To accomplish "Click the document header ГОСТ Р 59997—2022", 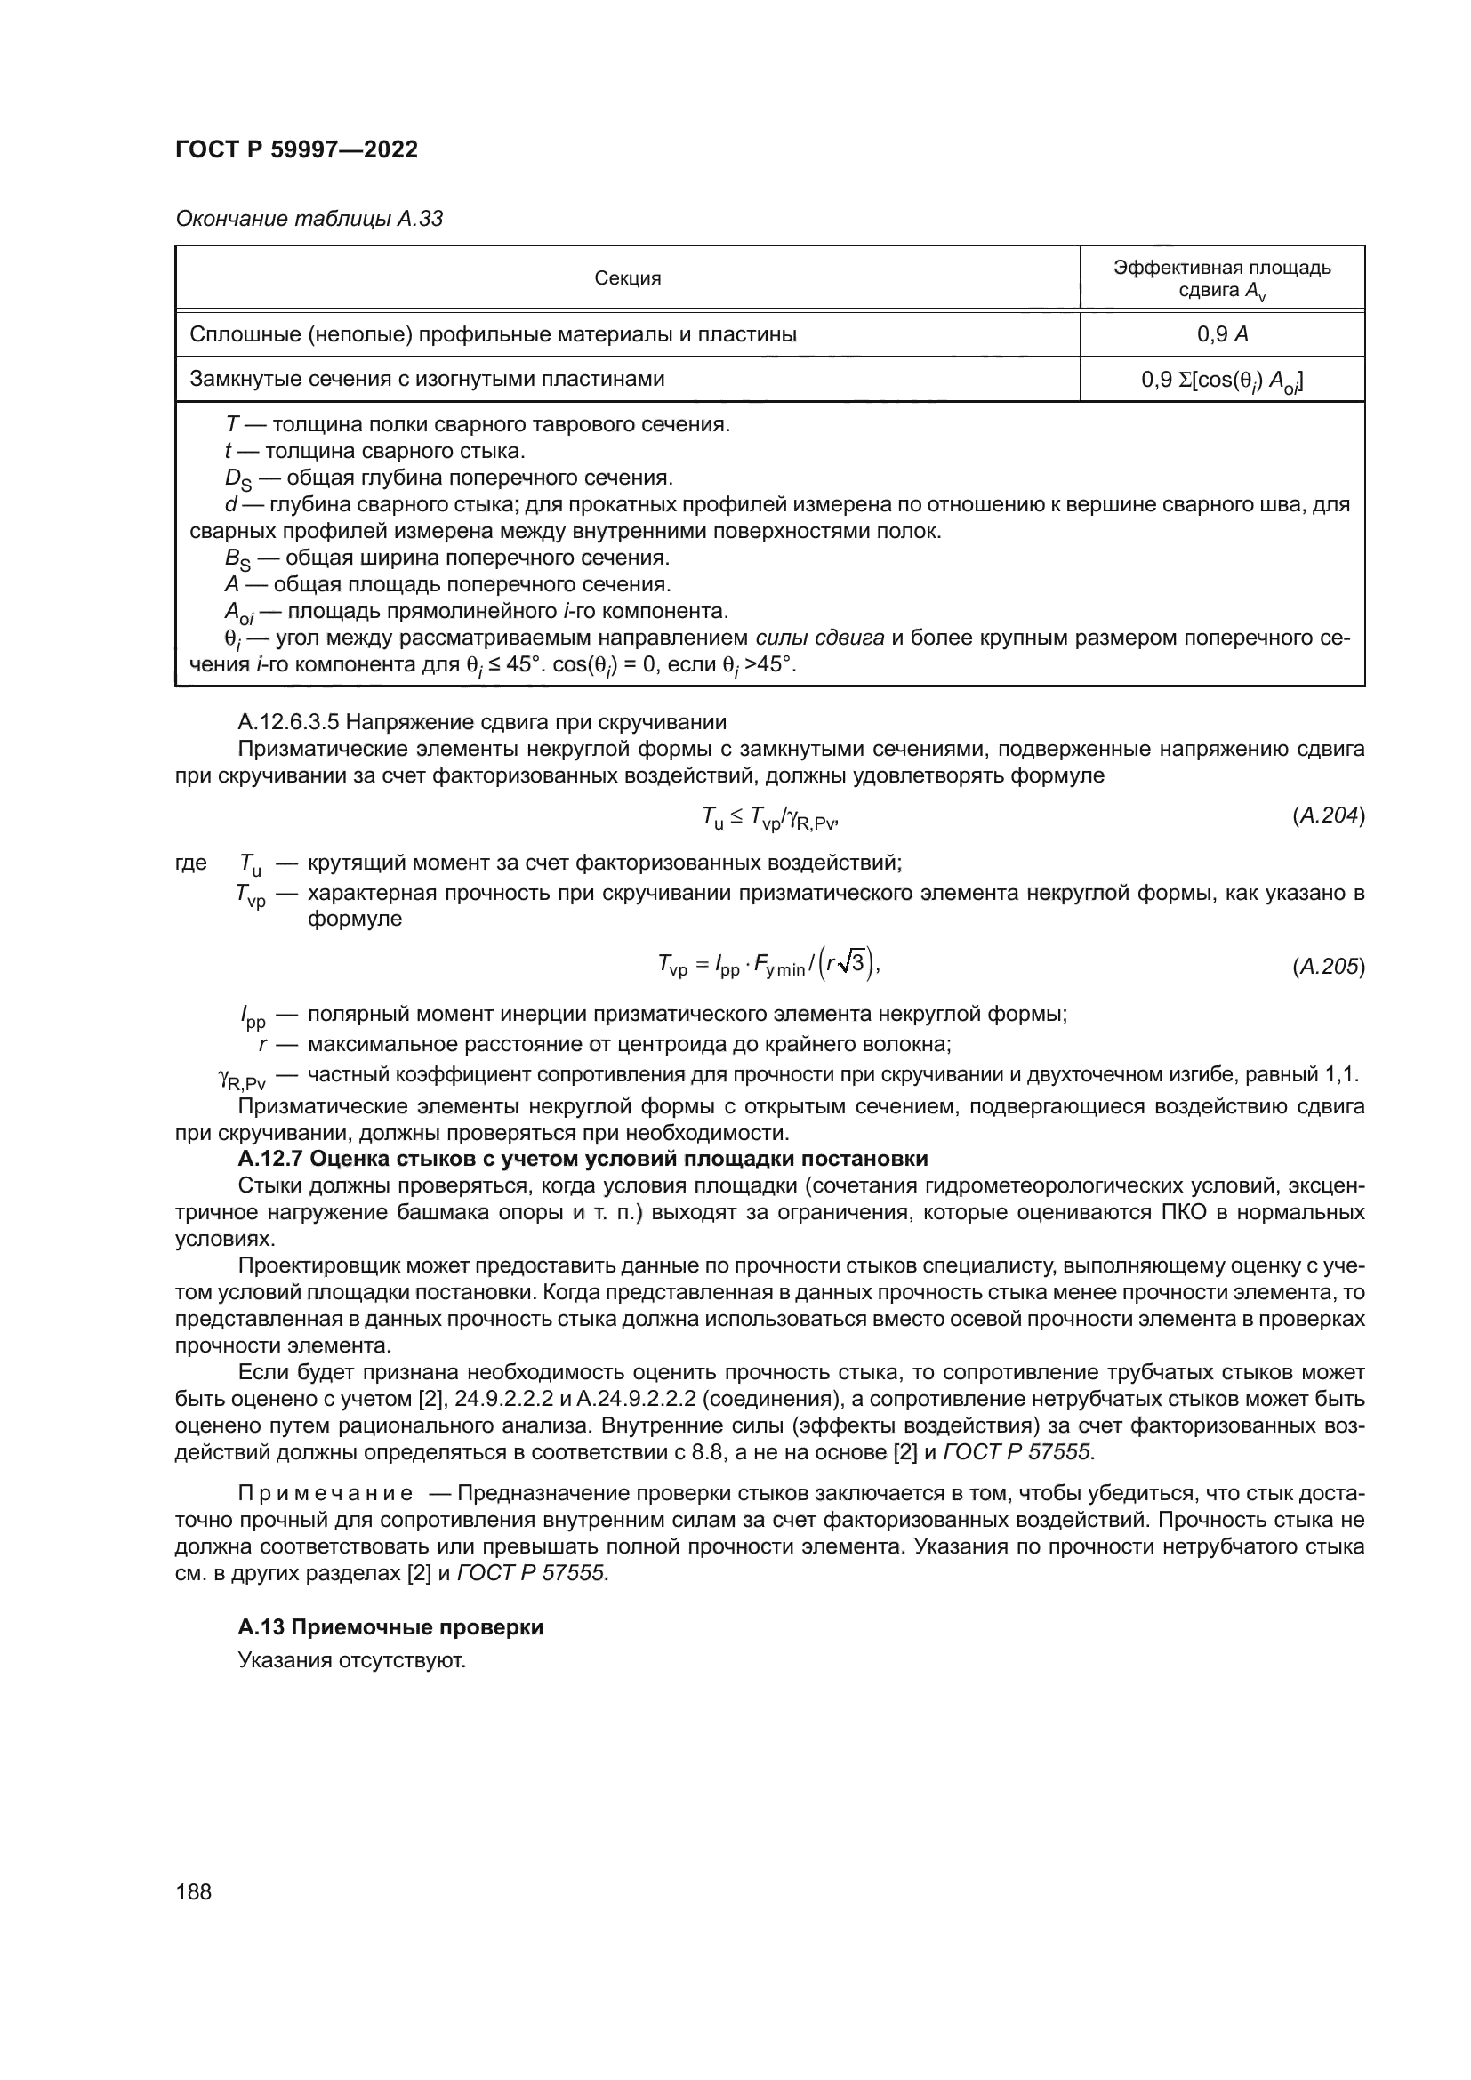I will click(296, 150).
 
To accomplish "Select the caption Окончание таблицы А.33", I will click(309, 219).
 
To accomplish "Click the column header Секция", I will click(627, 278).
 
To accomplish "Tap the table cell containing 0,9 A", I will click(1222, 334).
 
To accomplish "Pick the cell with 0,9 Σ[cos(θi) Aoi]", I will click(1222, 381).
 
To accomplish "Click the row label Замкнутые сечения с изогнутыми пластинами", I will click(427, 379).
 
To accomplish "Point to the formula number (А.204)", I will click(1328, 815).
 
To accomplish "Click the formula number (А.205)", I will click(1328, 967).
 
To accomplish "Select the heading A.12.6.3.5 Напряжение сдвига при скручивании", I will click(482, 722).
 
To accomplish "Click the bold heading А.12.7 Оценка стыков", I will click(583, 1159).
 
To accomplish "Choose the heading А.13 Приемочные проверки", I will click(390, 1628).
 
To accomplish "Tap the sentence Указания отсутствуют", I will click(351, 1660).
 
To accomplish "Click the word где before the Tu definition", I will click(191, 863).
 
